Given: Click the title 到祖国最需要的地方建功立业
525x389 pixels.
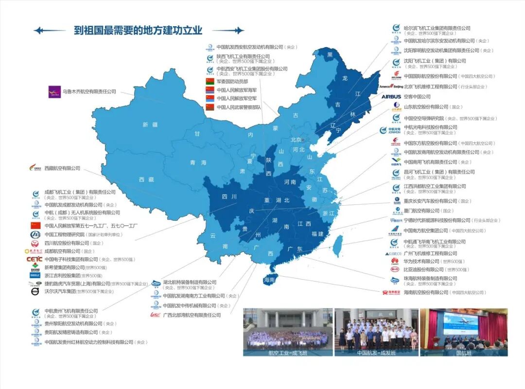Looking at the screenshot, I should (138, 31).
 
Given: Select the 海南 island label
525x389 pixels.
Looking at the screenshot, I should (269, 281).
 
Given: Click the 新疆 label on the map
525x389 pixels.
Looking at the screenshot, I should (150, 125).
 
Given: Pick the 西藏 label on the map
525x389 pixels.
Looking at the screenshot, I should (146, 179).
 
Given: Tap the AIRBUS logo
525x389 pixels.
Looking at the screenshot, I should (391, 97).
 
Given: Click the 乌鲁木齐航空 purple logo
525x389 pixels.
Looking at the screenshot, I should (54, 91).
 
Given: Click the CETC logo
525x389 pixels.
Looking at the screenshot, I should (34, 259).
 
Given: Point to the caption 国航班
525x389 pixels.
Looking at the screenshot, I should (463, 353).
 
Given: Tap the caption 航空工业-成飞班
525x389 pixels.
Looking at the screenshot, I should (288, 353).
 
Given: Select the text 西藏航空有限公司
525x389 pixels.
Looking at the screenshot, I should (62, 168).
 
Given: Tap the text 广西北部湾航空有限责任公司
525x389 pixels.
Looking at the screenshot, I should (192, 315).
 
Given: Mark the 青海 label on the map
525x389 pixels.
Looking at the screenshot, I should (198, 162).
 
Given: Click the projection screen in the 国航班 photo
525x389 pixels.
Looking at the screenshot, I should (460, 323).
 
